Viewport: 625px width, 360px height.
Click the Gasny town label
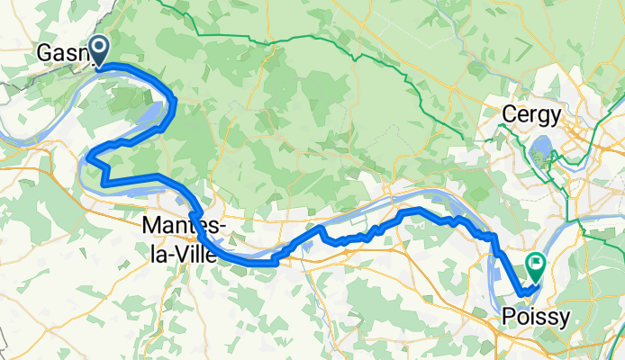pyautogui.click(x=63, y=54)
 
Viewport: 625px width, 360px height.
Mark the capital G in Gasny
pyautogui.click(x=44, y=54)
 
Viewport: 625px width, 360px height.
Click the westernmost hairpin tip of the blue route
pyautogui.click(x=87, y=159)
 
